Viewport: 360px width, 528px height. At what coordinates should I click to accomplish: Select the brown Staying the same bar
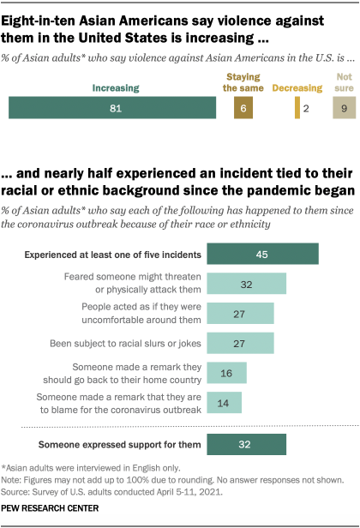245,106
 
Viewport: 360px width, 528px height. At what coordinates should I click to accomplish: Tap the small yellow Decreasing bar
297,106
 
